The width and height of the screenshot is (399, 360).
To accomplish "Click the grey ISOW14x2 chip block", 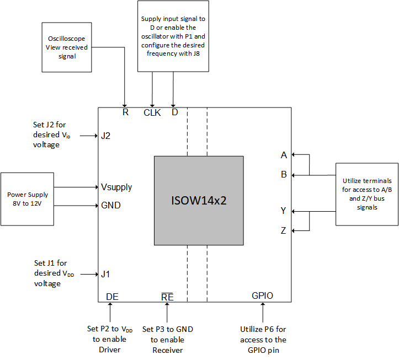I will click(199, 200).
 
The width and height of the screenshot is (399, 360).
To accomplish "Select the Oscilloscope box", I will click(65, 47).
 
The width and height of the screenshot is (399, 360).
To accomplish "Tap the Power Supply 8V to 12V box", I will click(28, 199).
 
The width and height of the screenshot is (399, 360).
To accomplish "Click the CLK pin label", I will click(152, 113).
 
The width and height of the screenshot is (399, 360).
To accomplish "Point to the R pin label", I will click(125, 112).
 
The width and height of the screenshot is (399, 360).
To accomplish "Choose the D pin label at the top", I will click(174, 112).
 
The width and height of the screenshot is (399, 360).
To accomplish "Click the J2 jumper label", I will click(106, 136).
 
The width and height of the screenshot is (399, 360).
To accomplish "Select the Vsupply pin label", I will click(116, 187).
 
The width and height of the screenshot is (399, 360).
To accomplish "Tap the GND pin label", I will click(111, 205).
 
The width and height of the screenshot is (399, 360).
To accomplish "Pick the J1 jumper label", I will click(106, 273).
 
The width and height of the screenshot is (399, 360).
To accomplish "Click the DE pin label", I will click(112, 297).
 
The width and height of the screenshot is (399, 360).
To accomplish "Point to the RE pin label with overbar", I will click(167, 297).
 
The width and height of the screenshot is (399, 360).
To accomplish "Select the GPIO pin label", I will click(262, 296).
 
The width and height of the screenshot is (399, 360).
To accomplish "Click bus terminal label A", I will click(284, 155).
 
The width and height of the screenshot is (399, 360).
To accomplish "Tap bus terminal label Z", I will click(284, 230).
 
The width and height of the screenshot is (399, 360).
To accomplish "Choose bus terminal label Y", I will click(284, 211).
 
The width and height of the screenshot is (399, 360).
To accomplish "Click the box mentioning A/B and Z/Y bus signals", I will click(367, 194).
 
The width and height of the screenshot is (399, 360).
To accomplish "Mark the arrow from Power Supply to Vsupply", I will click(77, 187).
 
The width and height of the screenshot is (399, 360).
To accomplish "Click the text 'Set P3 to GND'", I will click(168, 329).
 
